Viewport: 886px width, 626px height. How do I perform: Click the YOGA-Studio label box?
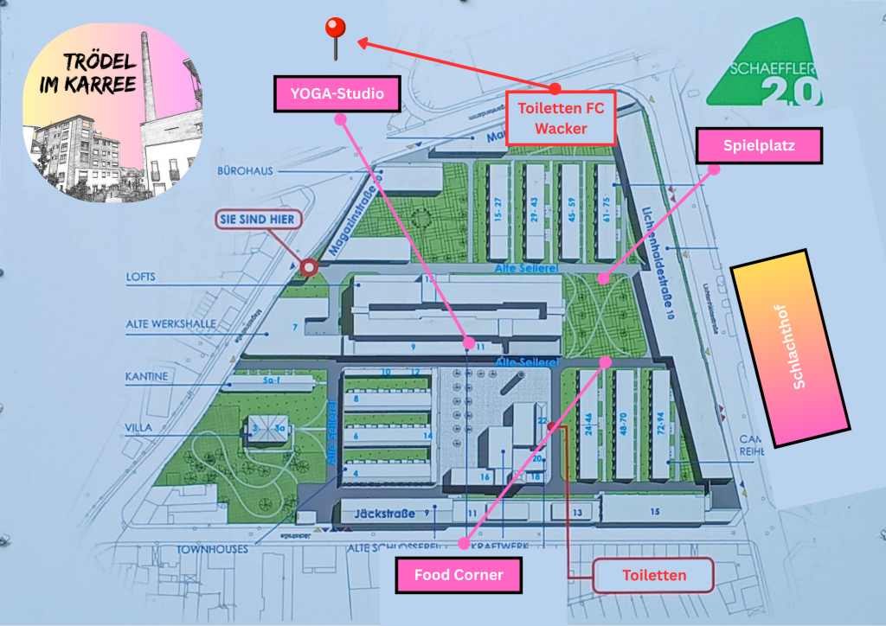pyautogui.click(x=337, y=93)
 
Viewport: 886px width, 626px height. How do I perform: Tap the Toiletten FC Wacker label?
pyautogui.click(x=561, y=118)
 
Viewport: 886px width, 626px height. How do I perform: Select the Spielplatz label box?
pyautogui.click(x=759, y=146)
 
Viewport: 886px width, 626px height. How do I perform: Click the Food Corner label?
pyautogui.click(x=459, y=575)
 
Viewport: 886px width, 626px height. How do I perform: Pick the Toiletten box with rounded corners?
pyautogui.click(x=654, y=575)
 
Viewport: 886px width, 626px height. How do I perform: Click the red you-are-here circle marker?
pyautogui.click(x=307, y=270)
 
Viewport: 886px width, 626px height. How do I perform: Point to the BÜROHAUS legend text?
pyautogui.click(x=246, y=171)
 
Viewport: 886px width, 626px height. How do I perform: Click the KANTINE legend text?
pyautogui.click(x=146, y=377)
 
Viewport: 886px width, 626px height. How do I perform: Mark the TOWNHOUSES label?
pyautogui.click(x=213, y=549)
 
